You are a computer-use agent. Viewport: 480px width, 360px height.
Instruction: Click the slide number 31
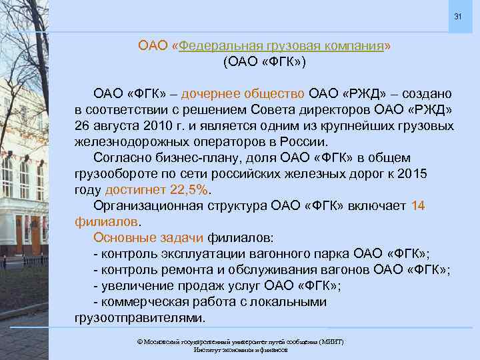[457, 16]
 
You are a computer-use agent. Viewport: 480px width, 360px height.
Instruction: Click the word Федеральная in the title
[216, 46]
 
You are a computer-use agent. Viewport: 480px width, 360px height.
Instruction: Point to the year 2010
[150, 126]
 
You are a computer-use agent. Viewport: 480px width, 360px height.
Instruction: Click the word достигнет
[137, 190]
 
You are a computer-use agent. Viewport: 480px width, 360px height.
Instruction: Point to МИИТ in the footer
[331, 341]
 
